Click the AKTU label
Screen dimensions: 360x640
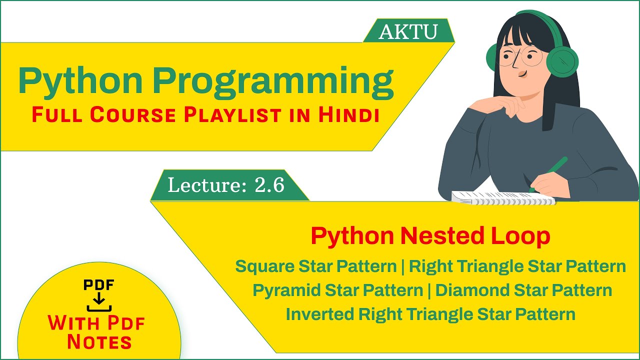pos(408,32)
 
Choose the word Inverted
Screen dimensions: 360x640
pos(320,314)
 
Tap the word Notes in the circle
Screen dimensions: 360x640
pos(99,342)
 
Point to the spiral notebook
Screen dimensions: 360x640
pos(502,198)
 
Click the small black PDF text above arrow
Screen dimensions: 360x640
pos(99,285)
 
